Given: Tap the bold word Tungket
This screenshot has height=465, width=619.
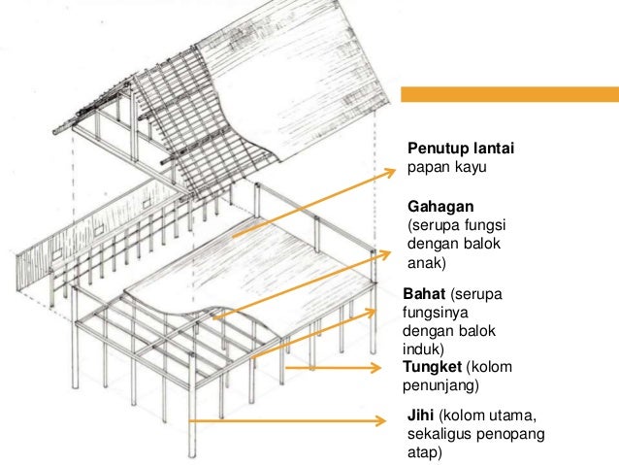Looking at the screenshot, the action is (432, 366).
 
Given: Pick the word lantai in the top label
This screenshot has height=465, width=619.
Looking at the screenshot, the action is (494, 148).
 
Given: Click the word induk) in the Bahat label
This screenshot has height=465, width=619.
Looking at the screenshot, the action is (421, 348).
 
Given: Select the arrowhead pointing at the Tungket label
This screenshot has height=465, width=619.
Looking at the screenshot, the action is (379, 367).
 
